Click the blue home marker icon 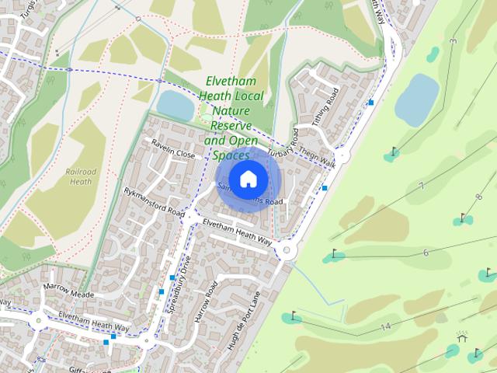248,180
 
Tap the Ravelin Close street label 173,153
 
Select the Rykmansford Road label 154,200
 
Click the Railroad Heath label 82,176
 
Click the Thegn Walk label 317,158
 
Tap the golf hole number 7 421,186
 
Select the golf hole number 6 426,253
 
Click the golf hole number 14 385,327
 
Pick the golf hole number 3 453,40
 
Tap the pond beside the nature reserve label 175,105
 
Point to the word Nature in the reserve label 231,112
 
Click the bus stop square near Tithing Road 371,102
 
